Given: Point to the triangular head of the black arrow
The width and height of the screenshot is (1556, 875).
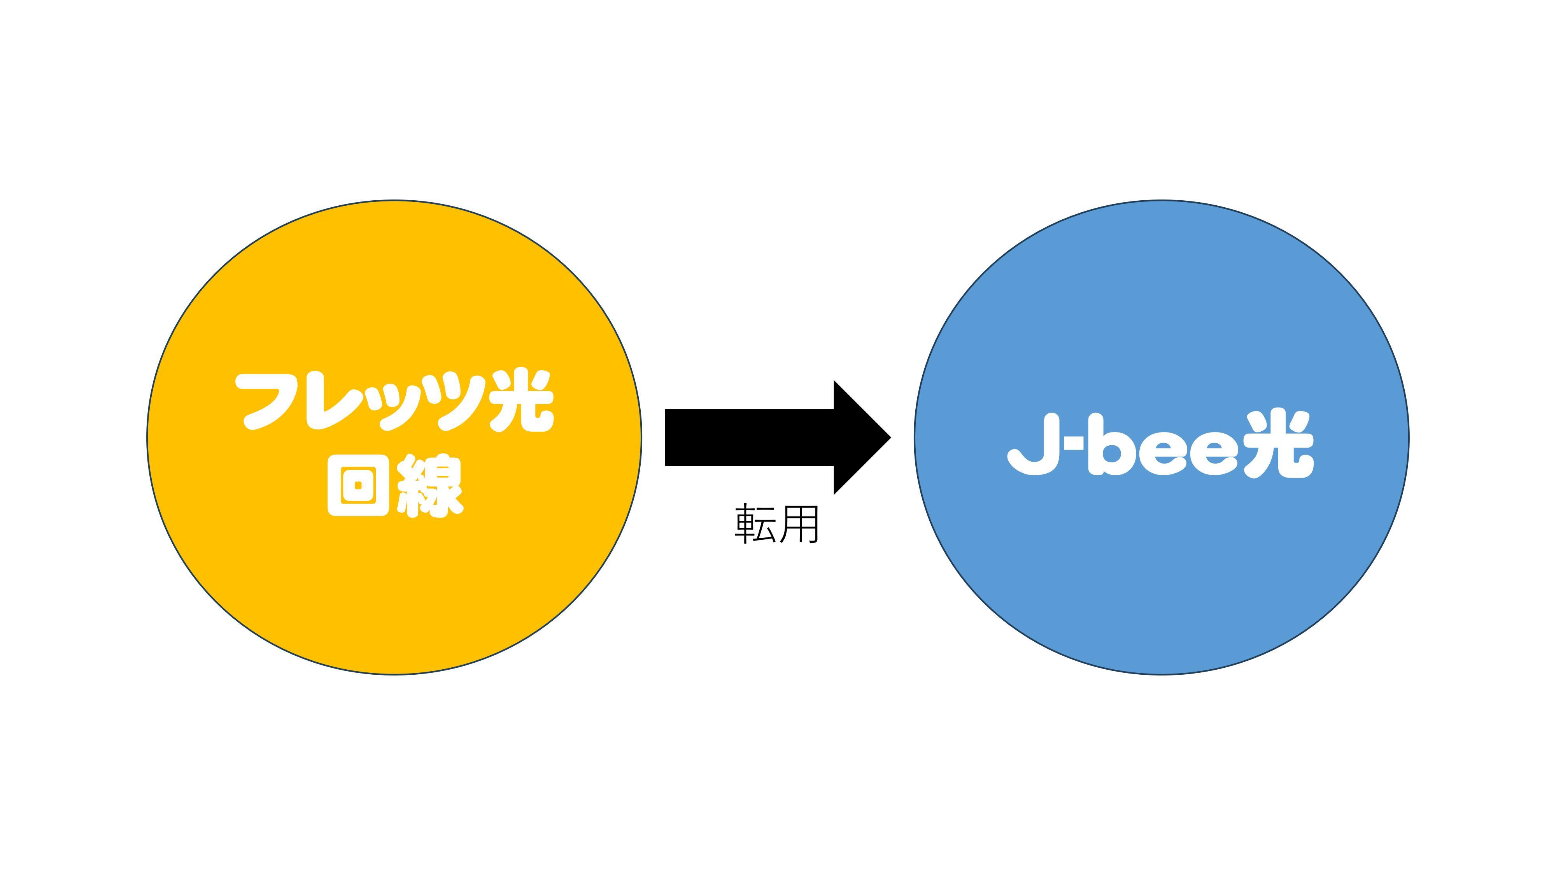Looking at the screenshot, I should [858, 437].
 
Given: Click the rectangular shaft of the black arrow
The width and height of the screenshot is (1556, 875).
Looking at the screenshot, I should [749, 437].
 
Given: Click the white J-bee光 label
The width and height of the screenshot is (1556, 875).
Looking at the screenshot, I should [1160, 446].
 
